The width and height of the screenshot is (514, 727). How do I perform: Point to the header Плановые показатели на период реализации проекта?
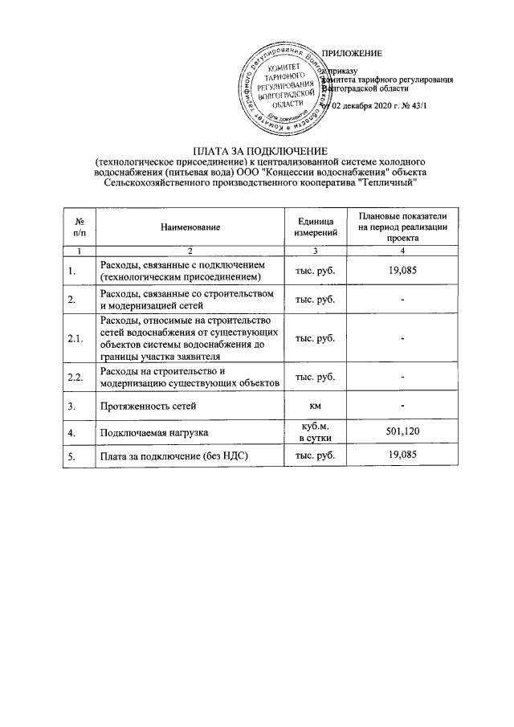tap(403, 228)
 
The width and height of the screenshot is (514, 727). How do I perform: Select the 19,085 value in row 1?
tap(403, 271)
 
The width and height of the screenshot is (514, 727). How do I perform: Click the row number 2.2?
tap(79, 377)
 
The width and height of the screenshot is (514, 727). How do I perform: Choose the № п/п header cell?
tap(79, 227)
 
